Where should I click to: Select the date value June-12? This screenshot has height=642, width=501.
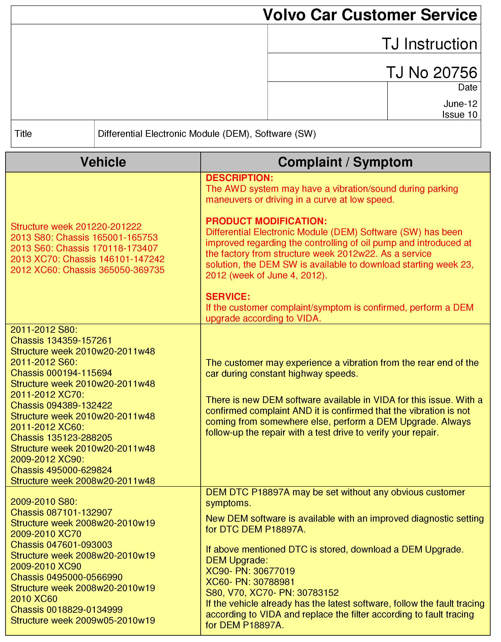(x=460, y=104)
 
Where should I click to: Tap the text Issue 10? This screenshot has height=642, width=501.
(x=459, y=115)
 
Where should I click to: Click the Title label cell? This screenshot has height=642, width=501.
(x=23, y=134)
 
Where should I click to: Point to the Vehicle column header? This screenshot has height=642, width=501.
(x=103, y=162)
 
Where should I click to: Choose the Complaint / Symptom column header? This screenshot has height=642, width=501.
(x=345, y=162)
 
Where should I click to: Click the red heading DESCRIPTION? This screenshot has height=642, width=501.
(x=239, y=178)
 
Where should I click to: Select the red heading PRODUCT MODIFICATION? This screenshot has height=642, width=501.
(x=266, y=221)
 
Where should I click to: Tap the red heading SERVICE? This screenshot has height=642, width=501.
(x=228, y=297)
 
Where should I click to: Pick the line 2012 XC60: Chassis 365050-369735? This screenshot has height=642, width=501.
(x=87, y=270)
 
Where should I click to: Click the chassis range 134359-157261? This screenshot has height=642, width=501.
(x=79, y=340)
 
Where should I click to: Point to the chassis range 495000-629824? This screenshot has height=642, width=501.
(x=79, y=470)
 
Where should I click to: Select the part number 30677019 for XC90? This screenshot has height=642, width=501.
(x=274, y=571)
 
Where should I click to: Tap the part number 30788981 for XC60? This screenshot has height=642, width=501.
(x=274, y=582)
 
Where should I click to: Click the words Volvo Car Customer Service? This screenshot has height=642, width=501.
(x=370, y=15)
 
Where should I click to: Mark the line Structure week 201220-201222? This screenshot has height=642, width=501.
(x=76, y=227)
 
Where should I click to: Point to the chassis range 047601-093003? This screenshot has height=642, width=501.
(x=79, y=545)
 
